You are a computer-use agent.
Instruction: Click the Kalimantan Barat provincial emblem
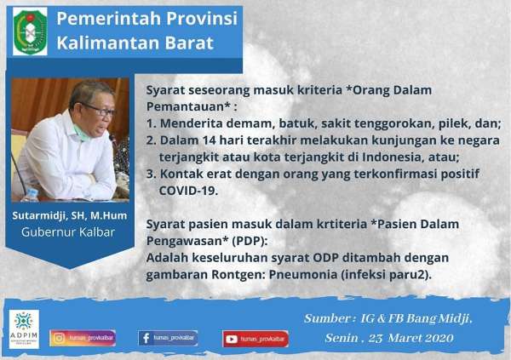click(30, 31)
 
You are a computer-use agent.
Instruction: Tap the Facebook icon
click(145, 338)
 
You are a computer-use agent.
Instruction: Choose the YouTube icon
click(232, 338)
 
